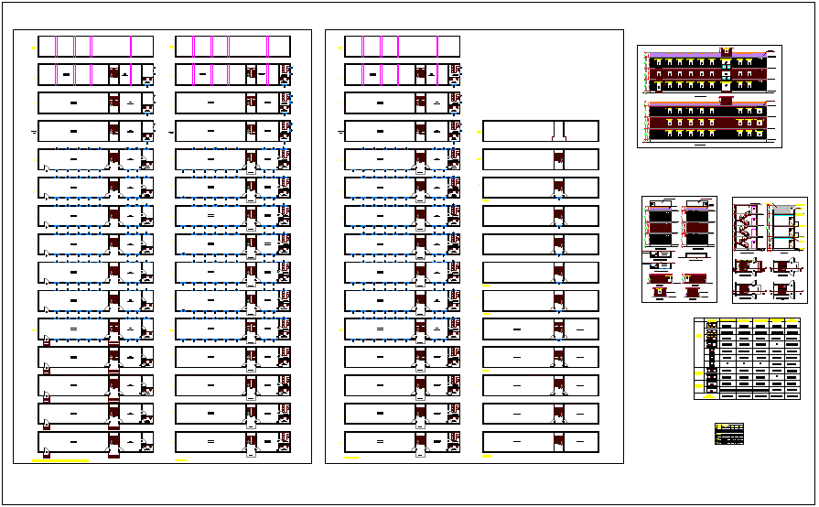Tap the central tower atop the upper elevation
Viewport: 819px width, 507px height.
pos(727,51)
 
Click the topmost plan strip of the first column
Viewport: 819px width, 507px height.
pos(95,46)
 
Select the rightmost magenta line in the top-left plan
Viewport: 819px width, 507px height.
pos(131,46)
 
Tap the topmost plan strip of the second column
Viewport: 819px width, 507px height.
pos(232,46)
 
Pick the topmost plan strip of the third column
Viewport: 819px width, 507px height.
pos(402,46)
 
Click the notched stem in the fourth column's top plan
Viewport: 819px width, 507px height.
pos(558,131)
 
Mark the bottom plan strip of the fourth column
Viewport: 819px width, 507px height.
pos(540,442)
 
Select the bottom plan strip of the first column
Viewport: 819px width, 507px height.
pos(95,442)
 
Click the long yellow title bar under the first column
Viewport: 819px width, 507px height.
pos(60,460)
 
